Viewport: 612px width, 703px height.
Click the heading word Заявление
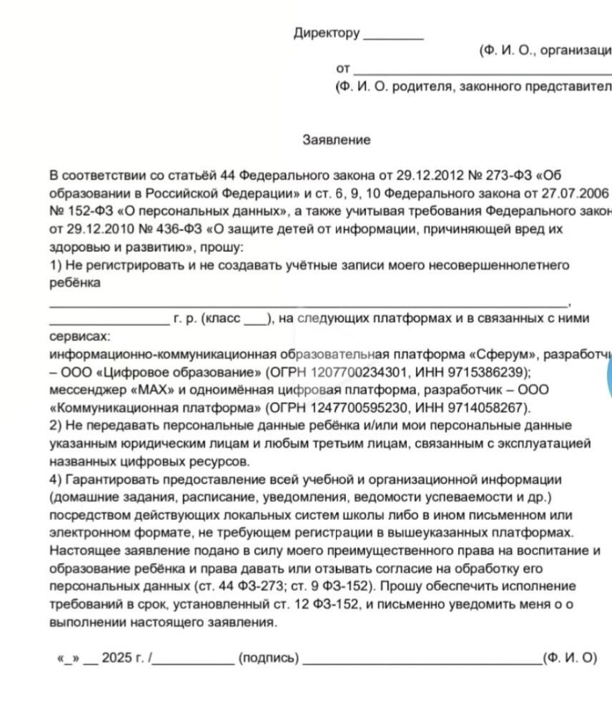pos(336,140)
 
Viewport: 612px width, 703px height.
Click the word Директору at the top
pos(326,33)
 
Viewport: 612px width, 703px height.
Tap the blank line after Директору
pos(393,36)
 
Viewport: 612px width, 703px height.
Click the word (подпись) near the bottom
pos(269,658)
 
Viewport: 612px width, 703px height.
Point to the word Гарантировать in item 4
pos(107,479)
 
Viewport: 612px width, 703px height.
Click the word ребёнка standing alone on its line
pos(74,283)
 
